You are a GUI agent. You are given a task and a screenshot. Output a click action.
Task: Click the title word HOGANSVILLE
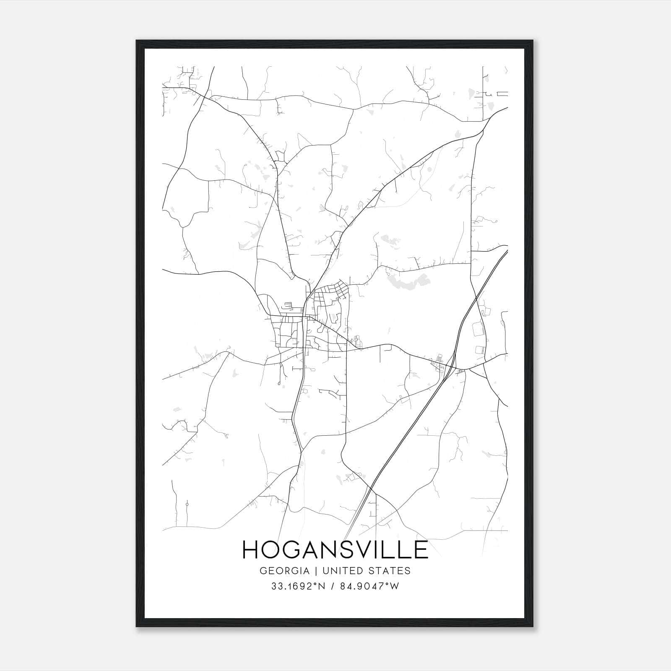[x=335, y=550]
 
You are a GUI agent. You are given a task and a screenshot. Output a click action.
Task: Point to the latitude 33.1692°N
[x=298, y=586]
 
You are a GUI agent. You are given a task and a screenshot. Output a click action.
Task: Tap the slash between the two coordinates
[x=333, y=586]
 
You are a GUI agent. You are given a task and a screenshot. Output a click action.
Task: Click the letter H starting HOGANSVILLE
[x=250, y=550]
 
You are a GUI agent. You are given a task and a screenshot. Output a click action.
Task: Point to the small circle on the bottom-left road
[x=187, y=503]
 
